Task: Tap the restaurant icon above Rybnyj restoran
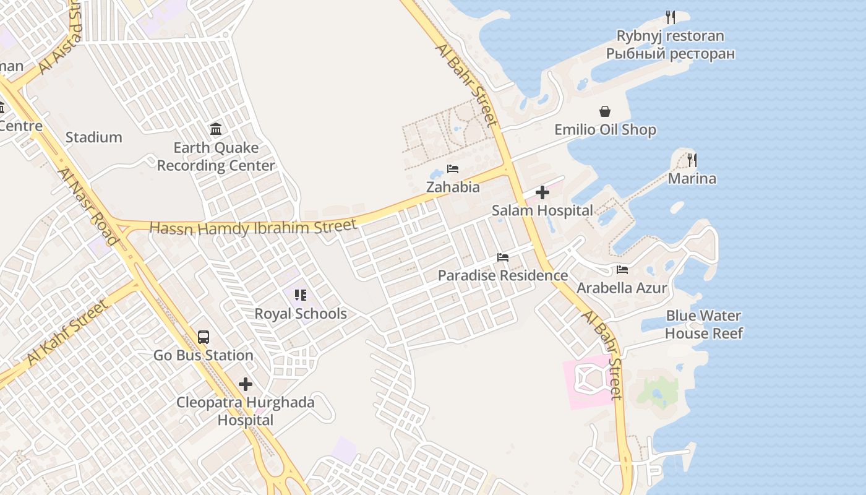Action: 670,17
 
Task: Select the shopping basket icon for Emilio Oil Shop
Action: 605,111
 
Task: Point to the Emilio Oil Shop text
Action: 605,130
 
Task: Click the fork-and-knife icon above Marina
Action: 692,160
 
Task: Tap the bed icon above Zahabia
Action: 453,169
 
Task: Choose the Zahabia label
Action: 453,187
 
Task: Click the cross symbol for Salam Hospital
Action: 542,192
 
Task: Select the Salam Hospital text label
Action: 542,210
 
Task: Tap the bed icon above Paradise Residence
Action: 503,257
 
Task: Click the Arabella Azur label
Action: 622,288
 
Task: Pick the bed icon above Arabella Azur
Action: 622,270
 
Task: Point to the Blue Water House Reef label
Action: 703,324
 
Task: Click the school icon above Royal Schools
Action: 301,295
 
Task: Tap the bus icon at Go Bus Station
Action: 204,337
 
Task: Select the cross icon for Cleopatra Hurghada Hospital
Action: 246,384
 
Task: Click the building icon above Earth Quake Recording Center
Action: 216,129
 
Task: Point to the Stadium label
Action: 93,137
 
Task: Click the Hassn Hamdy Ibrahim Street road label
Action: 253,227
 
